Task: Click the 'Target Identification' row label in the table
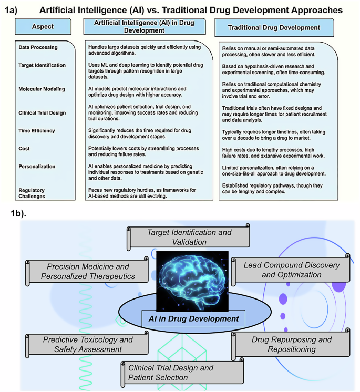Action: point(42,65)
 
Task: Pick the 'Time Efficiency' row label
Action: point(36,131)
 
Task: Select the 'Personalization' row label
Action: point(36,166)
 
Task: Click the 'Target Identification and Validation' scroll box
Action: point(188,237)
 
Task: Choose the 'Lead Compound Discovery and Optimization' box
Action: point(291,270)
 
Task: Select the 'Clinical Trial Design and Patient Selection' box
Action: point(182,372)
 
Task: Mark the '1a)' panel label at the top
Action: point(12,9)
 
